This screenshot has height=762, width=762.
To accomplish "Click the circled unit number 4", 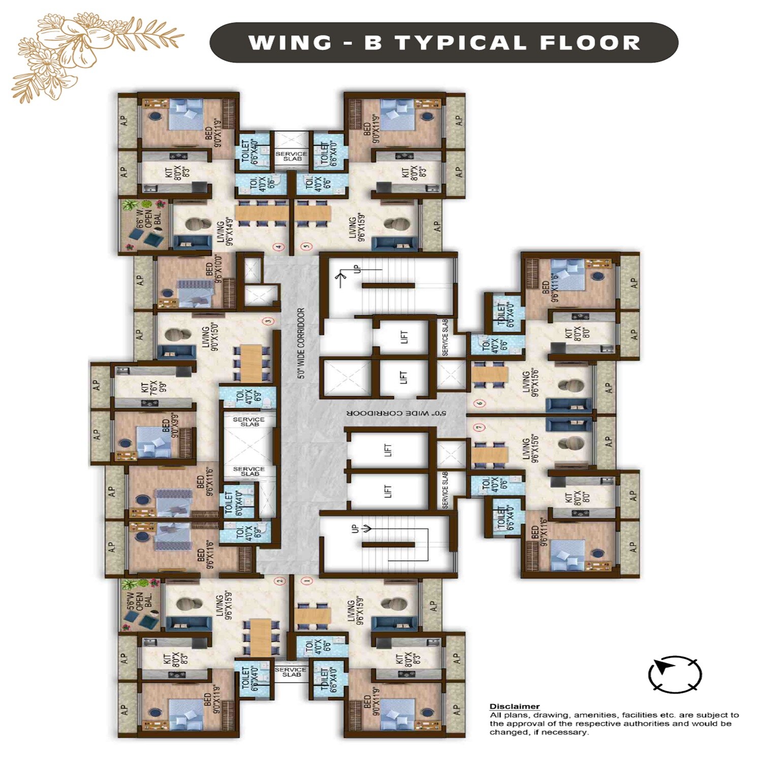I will (x=278, y=247).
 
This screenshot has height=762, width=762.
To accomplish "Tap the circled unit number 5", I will (x=306, y=247).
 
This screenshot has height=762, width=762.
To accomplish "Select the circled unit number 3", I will (x=269, y=321).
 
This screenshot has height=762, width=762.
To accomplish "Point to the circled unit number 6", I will (x=480, y=403).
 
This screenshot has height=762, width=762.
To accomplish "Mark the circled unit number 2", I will (x=278, y=581).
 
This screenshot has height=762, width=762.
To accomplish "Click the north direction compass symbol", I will (x=675, y=674).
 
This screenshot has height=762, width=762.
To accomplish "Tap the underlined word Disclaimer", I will (x=514, y=706).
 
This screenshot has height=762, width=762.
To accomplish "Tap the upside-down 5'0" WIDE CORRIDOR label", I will (x=396, y=413).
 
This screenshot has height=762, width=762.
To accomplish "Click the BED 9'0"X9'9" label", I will (x=170, y=425).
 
